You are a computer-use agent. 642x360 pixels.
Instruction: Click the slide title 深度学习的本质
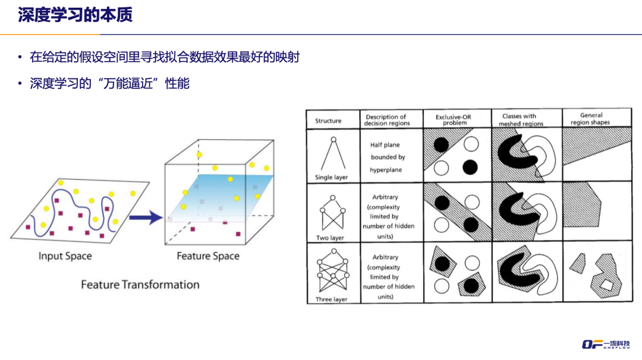[75, 15]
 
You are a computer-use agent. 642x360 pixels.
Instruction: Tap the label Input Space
[65, 256]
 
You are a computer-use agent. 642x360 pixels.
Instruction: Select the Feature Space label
[208, 256]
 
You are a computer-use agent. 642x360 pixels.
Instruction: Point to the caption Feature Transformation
[140, 285]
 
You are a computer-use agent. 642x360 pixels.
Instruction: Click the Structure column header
[328, 121]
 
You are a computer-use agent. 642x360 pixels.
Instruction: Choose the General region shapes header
[590, 119]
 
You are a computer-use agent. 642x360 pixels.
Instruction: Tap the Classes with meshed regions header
[521, 120]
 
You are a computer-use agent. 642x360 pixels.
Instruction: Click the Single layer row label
[332, 178]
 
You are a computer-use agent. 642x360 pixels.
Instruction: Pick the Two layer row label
[331, 238]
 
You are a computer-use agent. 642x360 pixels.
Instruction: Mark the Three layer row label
[332, 299]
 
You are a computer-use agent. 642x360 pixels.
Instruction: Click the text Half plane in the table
[385, 145]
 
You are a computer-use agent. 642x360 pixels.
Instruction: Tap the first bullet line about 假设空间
[165, 58]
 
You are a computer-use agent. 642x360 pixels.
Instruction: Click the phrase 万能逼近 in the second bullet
[131, 83]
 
